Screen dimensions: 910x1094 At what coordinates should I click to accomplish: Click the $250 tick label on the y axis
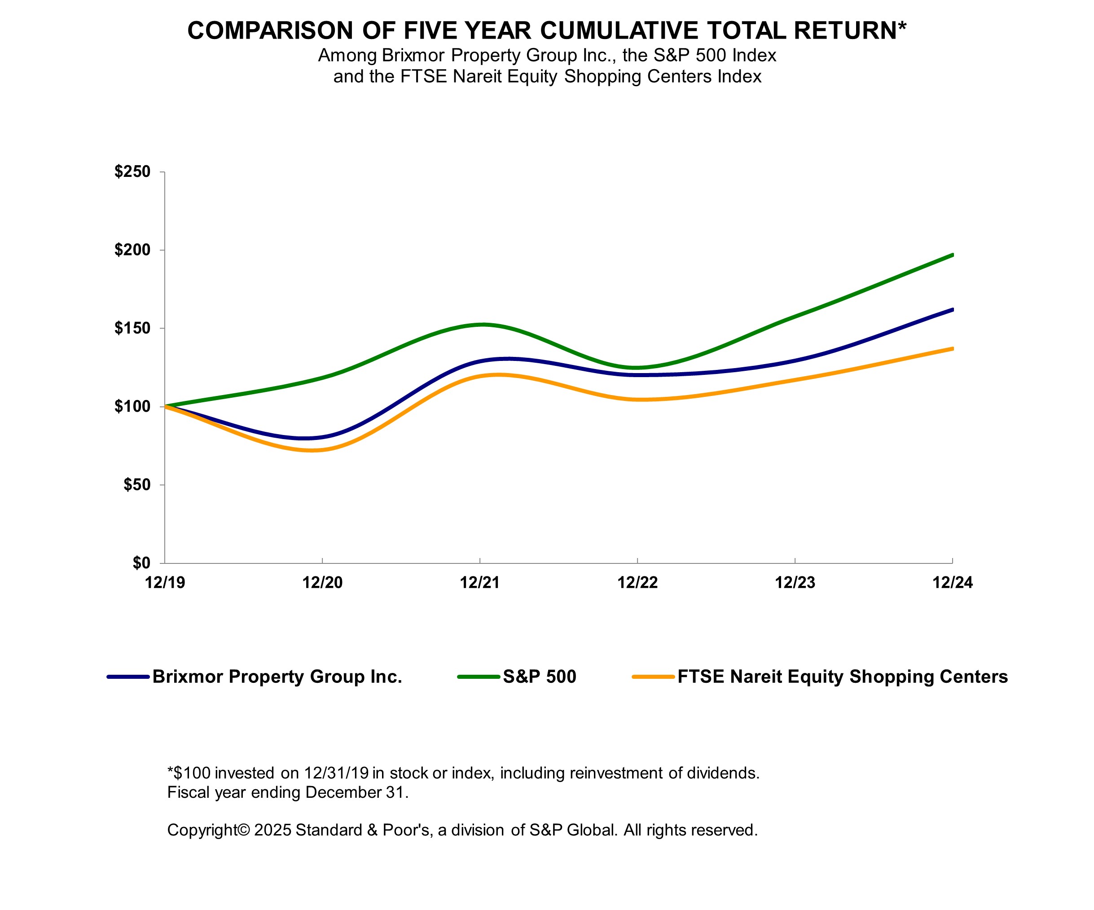click(x=132, y=171)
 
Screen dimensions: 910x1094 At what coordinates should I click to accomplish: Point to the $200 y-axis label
click(x=132, y=250)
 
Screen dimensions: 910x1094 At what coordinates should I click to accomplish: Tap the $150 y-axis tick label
click(x=132, y=328)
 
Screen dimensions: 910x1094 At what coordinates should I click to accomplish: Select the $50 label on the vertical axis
click(x=136, y=485)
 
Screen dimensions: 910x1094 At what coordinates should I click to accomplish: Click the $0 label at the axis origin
click(x=141, y=563)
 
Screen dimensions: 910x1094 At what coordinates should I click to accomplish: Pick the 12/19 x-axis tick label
click(x=165, y=582)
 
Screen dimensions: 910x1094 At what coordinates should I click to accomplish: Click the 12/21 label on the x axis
click(x=480, y=582)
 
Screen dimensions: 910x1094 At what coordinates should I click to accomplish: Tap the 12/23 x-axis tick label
click(x=795, y=582)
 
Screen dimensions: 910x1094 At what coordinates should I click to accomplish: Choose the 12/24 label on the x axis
click(x=952, y=582)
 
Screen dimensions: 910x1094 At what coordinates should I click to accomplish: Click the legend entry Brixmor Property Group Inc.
click(x=277, y=677)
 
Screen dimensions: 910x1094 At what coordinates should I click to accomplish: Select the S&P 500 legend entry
click(x=539, y=677)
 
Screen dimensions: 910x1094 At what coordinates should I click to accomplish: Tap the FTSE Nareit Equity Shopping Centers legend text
click(x=842, y=677)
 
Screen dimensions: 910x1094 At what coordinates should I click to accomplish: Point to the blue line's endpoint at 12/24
click(x=952, y=310)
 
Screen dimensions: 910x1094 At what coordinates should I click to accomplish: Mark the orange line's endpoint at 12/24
click(x=952, y=349)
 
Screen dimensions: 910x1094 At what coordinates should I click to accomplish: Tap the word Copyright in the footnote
click(x=202, y=830)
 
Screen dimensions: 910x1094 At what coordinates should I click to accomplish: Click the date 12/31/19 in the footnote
click(x=336, y=773)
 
